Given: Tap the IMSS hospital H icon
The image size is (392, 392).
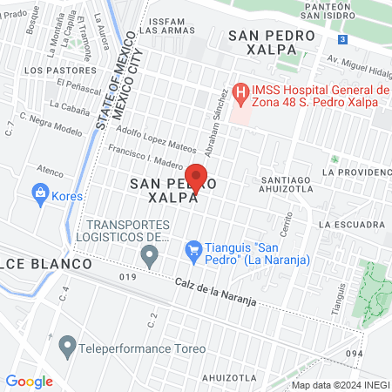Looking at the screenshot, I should tap(240, 91).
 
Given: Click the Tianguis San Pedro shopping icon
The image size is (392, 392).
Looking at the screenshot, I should tap(196, 250).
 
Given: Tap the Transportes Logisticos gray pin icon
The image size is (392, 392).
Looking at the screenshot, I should tap(150, 255).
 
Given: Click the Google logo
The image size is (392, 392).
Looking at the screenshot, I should tap(29, 381).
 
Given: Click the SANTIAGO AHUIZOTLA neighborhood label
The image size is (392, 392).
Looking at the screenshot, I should tap(287, 186).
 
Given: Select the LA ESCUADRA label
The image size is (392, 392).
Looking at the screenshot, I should tap(351, 224).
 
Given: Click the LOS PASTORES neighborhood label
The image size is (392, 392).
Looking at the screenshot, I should tap(59, 69).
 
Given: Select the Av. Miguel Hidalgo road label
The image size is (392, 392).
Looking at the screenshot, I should tap(358, 65).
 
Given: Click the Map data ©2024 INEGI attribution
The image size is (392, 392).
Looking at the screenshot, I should tap(340, 385).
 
